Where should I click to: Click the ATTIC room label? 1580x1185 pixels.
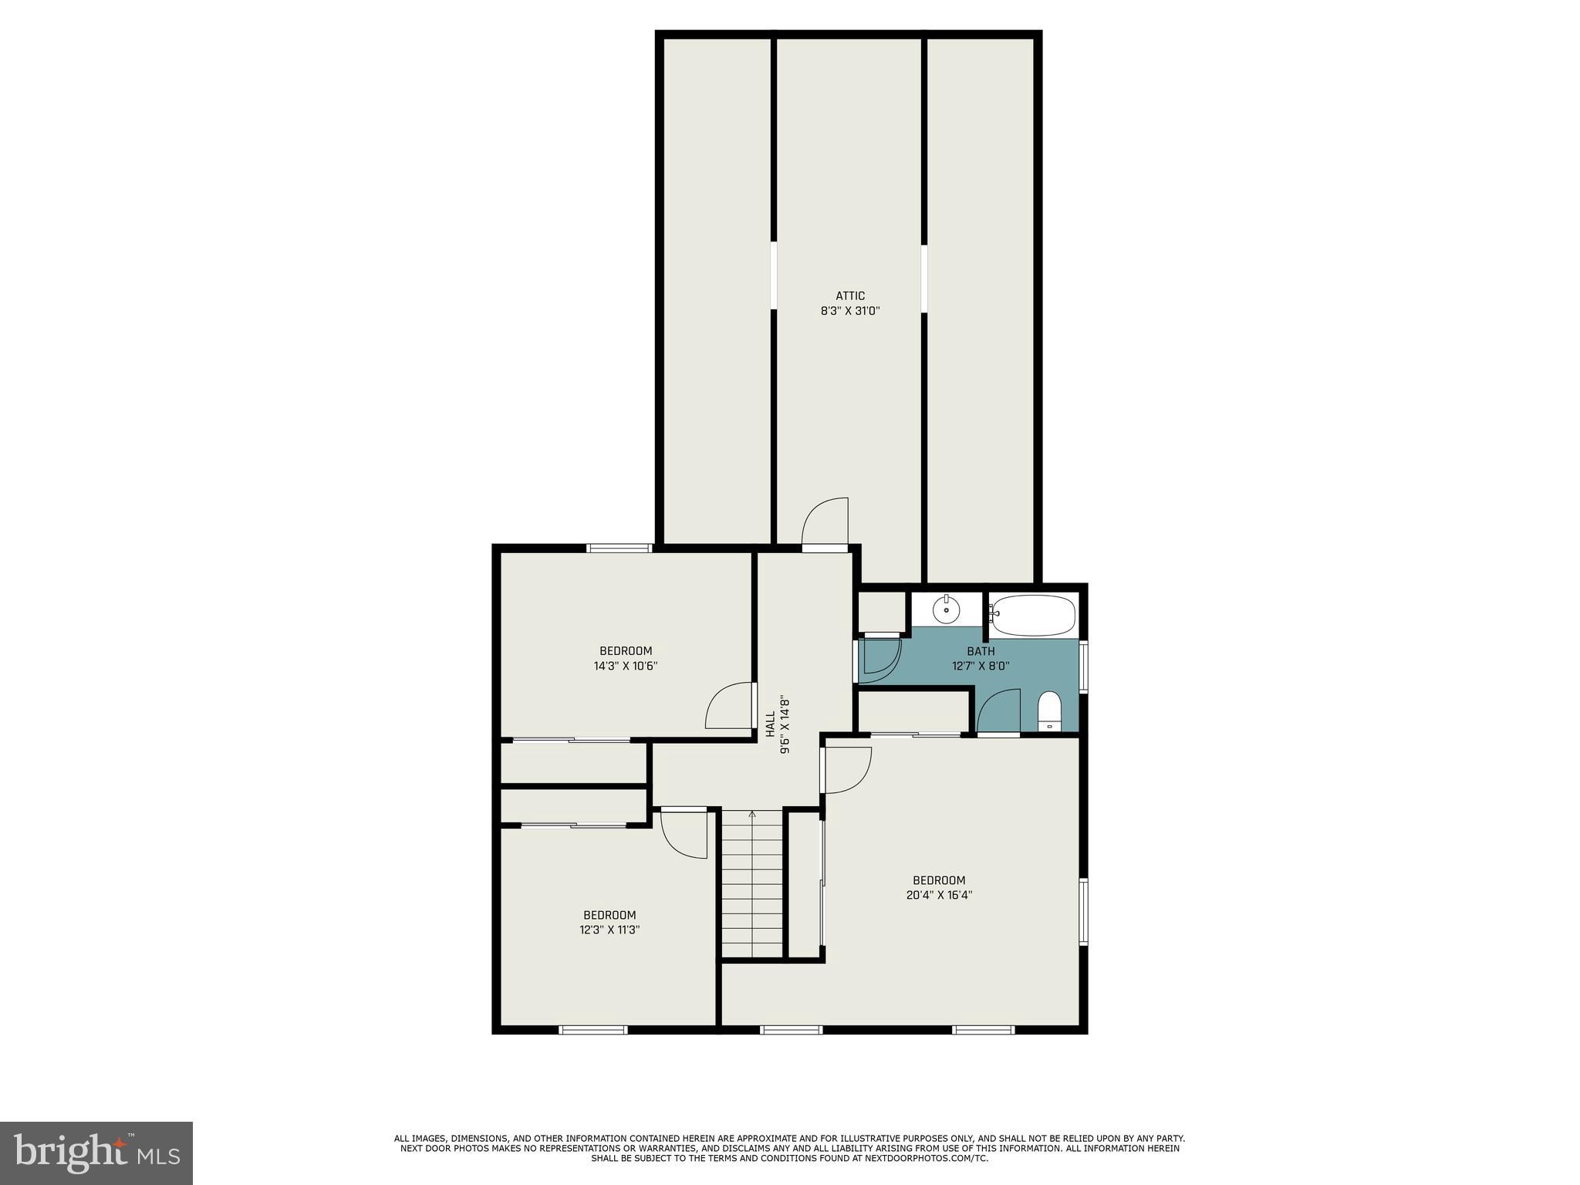[x=850, y=295]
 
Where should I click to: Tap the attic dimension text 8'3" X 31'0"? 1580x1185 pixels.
[x=850, y=311]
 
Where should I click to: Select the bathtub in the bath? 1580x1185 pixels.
[x=1033, y=615]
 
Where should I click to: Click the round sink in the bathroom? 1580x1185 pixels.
[x=946, y=611]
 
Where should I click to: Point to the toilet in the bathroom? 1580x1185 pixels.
[x=1049, y=711]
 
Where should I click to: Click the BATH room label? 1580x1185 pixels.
[x=981, y=651]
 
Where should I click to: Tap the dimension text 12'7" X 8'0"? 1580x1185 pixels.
[x=981, y=666]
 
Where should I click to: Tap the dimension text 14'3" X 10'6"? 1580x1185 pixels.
[x=626, y=666]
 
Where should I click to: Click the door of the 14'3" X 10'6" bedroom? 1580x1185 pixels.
[x=729, y=706]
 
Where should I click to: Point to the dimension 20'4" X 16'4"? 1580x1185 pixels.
[x=939, y=895]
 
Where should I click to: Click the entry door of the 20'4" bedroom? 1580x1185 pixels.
[x=847, y=770]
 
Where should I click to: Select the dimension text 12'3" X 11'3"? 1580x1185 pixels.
[x=609, y=930]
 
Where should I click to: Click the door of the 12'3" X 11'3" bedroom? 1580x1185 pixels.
[x=684, y=833]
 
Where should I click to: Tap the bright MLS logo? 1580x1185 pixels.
[x=96, y=1153]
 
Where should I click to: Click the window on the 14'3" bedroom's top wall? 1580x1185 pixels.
[x=620, y=549]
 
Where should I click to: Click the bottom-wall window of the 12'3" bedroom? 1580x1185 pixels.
[x=592, y=1029]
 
